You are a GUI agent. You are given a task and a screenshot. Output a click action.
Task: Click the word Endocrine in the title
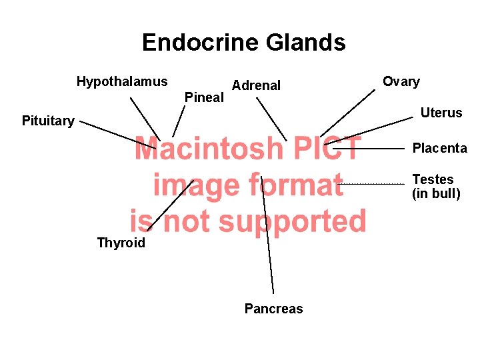200,43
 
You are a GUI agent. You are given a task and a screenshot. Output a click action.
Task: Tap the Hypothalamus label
122,82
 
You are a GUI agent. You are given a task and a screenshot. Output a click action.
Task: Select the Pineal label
204,97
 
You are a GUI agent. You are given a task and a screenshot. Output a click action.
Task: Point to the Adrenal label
256,85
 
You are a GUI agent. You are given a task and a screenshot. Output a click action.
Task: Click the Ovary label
401,82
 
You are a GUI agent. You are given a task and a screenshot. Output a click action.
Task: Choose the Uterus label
441,113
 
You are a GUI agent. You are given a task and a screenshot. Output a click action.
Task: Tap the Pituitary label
48,121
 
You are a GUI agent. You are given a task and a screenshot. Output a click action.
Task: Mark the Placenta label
439,148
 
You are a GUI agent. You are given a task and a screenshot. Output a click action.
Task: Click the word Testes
433,179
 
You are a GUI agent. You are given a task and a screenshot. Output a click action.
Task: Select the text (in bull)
436,194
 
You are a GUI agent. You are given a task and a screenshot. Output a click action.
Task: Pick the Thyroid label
121,243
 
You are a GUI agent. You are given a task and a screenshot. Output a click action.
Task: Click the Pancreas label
273,309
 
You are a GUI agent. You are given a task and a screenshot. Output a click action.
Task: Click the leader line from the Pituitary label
117,135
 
